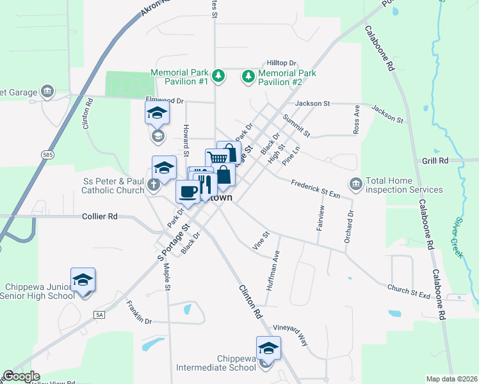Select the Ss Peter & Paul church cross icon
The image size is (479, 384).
(153, 185)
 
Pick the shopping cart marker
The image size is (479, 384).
(217, 158)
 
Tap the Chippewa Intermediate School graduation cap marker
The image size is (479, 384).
(268, 348)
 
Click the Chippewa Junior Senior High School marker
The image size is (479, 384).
(83, 280)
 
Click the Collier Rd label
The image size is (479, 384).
(100, 216)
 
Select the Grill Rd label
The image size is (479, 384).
(435, 160)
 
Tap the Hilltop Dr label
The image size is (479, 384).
(282, 63)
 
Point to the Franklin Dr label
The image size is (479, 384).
(139, 312)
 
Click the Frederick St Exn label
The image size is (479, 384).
(315, 186)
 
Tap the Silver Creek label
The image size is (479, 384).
(458, 237)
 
